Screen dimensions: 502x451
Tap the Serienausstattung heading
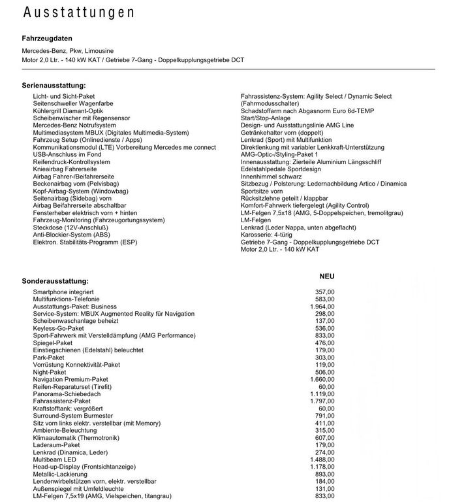tap(54, 86)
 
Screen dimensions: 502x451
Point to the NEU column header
tap(327, 276)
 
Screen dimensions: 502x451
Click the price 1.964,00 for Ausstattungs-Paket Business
tap(322, 306)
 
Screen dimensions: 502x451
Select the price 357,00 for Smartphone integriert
tap(324, 292)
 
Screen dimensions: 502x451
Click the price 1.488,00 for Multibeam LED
tap(322, 460)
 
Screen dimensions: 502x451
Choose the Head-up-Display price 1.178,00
tap(322, 467)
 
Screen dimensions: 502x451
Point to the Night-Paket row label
tap(50, 373)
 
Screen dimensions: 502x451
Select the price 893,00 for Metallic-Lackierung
tap(324, 474)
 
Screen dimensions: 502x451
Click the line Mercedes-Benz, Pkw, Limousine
tap(67, 50)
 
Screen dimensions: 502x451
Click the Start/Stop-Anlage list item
tap(266, 118)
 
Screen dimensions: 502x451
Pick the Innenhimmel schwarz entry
tap(271, 176)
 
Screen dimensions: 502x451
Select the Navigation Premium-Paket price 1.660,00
tap(322, 379)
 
